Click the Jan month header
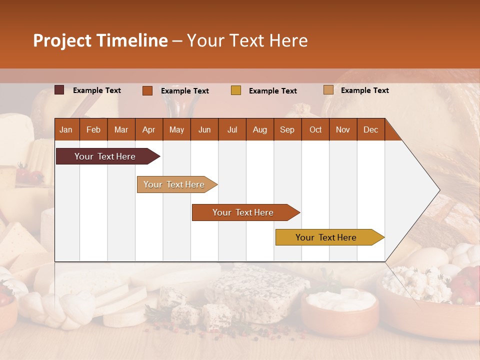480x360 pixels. pyautogui.click(x=66, y=130)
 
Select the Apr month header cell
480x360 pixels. pyautogui.click(x=148, y=130)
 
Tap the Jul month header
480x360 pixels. pyautogui.click(x=232, y=130)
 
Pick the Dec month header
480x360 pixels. pyautogui.click(x=370, y=130)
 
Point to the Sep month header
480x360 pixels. pyautogui.click(x=287, y=130)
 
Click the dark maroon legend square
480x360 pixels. pyautogui.click(x=59, y=90)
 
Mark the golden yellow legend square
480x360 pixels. pyautogui.click(x=236, y=90)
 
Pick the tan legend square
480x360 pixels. pyautogui.click(x=328, y=90)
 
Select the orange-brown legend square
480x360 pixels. pyautogui.click(x=147, y=90)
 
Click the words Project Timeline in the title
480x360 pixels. pyautogui.click(x=100, y=40)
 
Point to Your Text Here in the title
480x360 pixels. pyautogui.click(x=247, y=40)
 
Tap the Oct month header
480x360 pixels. pyautogui.click(x=315, y=130)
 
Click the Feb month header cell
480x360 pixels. pyautogui.click(x=93, y=130)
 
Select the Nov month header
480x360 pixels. pyautogui.click(x=343, y=130)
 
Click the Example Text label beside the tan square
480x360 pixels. pyautogui.click(x=364, y=90)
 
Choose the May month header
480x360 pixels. pyautogui.click(x=176, y=130)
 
